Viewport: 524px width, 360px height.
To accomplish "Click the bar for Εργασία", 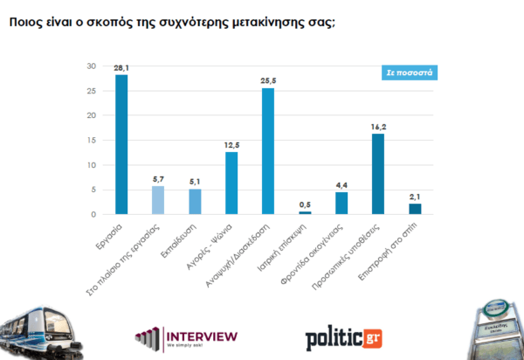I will point(121,144).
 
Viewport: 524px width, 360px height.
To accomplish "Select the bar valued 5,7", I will point(158,200).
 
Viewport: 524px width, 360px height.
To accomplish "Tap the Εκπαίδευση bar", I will point(195,202).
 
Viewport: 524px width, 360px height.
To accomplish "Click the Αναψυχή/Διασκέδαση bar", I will point(268,151).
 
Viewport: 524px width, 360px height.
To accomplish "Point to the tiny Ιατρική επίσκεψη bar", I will point(305,212).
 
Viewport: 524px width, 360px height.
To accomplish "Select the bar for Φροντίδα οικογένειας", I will point(341,203).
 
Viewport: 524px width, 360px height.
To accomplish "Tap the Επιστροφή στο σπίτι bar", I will point(415,209).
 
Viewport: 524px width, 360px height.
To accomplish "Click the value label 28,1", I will point(121,67).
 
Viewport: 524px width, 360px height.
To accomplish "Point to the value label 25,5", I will point(268,80).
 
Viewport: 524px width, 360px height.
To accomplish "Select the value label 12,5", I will point(231,144).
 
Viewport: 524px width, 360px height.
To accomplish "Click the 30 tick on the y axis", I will point(91,66).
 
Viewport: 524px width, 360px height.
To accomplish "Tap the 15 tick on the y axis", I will point(92,141).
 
